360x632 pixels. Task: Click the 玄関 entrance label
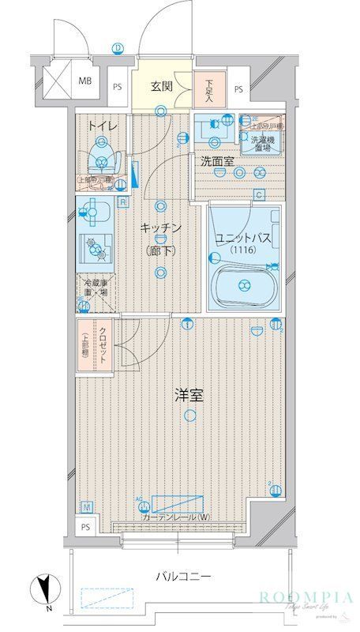[x=162, y=86]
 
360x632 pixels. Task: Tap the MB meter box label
[x=84, y=80]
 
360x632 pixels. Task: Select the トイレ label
[x=103, y=126]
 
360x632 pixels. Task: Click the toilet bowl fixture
[x=101, y=156]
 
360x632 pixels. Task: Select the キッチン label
[x=162, y=228]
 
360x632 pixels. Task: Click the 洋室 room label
[x=189, y=395]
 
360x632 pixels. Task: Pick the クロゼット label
[x=103, y=345]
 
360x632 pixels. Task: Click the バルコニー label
[x=182, y=577]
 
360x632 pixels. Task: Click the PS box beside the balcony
[x=85, y=527]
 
